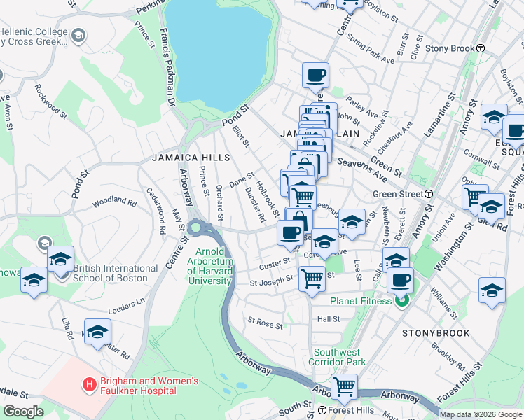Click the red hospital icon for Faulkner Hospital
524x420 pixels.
(x=89, y=384)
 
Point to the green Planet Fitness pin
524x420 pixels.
(x=401, y=302)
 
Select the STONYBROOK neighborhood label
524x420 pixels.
(x=436, y=333)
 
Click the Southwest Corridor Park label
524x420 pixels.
(x=340, y=358)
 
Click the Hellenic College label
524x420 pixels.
(x=34, y=31)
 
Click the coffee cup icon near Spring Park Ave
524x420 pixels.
(x=315, y=75)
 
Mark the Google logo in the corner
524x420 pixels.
(x=22, y=412)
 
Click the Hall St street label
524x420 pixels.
(x=328, y=319)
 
